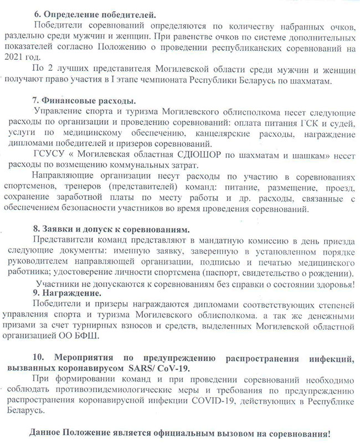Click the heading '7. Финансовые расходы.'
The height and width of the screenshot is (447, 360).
tap(84, 101)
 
